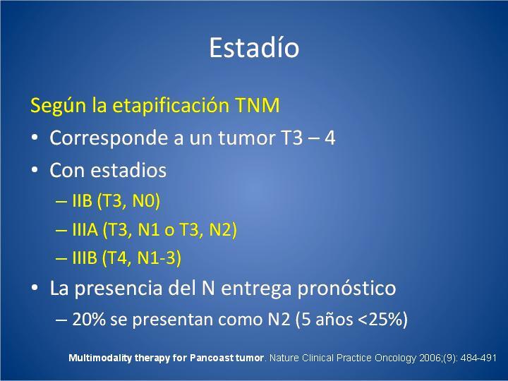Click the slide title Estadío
click(x=254, y=48)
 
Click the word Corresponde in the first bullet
click(x=109, y=138)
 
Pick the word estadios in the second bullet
click(x=128, y=170)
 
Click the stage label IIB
click(x=82, y=200)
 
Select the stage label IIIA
click(x=85, y=230)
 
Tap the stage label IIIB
click(x=85, y=258)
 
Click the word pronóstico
click(x=346, y=289)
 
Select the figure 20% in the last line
click(x=89, y=319)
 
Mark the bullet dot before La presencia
click(x=35, y=288)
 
